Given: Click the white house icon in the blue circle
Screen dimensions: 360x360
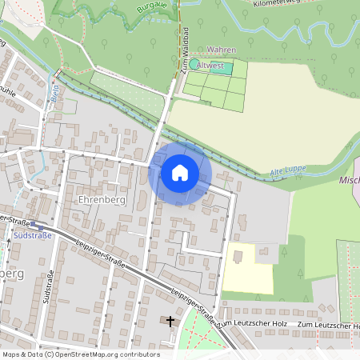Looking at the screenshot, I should pos(179,173).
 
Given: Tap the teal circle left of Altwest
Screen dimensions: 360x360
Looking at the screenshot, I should pos(193,63).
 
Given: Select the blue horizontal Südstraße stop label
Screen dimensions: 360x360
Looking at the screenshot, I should pos(34,235).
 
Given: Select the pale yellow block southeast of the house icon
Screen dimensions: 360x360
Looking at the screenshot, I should pos(247,270).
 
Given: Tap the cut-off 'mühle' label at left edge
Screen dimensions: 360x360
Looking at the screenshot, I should pos(7,91).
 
